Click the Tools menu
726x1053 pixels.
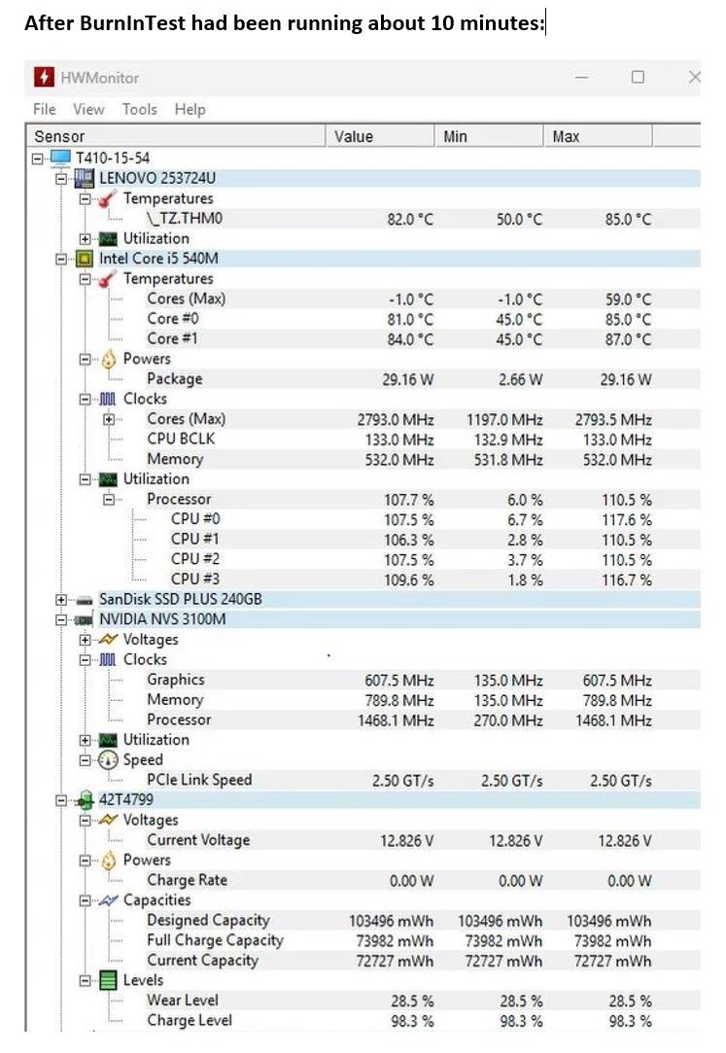pyautogui.click(x=140, y=109)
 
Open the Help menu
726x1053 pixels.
pyautogui.click(x=190, y=109)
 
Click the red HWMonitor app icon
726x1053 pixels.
pyautogui.click(x=44, y=77)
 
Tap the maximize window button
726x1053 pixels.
pyautogui.click(x=638, y=77)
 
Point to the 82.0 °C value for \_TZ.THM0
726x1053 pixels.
pyautogui.click(x=410, y=219)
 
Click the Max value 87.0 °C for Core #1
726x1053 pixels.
pyautogui.click(x=628, y=339)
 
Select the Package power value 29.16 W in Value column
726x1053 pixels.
pyautogui.click(x=408, y=379)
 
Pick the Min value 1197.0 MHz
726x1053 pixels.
pyautogui.click(x=504, y=420)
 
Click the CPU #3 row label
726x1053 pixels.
pyautogui.click(x=194, y=579)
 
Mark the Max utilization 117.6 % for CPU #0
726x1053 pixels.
pyautogui.click(x=627, y=520)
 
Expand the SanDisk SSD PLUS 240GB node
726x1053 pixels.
pyautogui.click(x=61, y=599)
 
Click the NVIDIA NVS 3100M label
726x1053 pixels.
pyautogui.click(x=162, y=618)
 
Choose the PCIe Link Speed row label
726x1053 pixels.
pyautogui.click(x=199, y=779)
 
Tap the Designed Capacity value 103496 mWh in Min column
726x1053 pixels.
pyautogui.click(x=500, y=921)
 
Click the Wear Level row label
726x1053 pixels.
pyautogui.click(x=183, y=1000)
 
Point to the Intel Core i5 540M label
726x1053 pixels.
pyautogui.click(x=158, y=259)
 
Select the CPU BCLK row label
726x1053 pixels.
pyautogui.click(x=181, y=439)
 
